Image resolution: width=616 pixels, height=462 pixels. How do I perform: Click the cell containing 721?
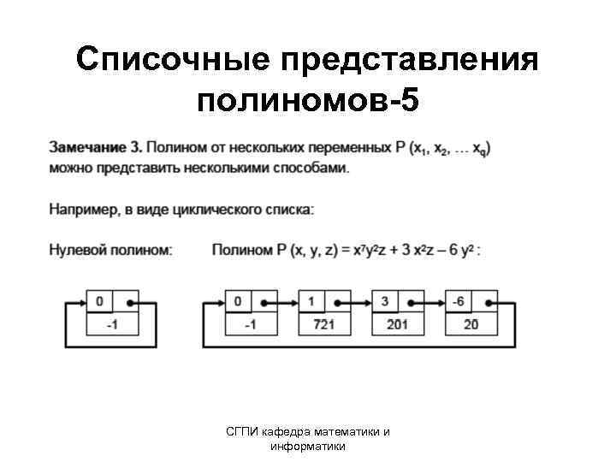tap(323, 324)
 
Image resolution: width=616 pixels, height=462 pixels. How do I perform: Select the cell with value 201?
tap(397, 324)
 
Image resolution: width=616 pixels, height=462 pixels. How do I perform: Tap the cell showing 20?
tap(471, 324)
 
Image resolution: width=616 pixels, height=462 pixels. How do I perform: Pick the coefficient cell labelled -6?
tap(459, 302)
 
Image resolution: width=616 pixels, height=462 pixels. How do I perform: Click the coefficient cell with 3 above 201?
tap(385, 302)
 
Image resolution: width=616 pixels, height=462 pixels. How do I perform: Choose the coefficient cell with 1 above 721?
tap(311, 302)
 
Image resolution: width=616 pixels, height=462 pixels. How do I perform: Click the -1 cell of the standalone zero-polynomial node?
tap(112, 324)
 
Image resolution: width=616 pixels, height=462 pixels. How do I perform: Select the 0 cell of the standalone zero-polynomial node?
tap(100, 302)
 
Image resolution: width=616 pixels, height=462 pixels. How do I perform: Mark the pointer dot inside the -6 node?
tap(485, 302)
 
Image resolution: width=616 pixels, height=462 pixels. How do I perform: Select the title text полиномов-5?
tap(308, 102)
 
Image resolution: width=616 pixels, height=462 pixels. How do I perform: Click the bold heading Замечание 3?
tap(96, 147)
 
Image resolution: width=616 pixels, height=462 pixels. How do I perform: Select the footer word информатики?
tap(307, 446)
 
